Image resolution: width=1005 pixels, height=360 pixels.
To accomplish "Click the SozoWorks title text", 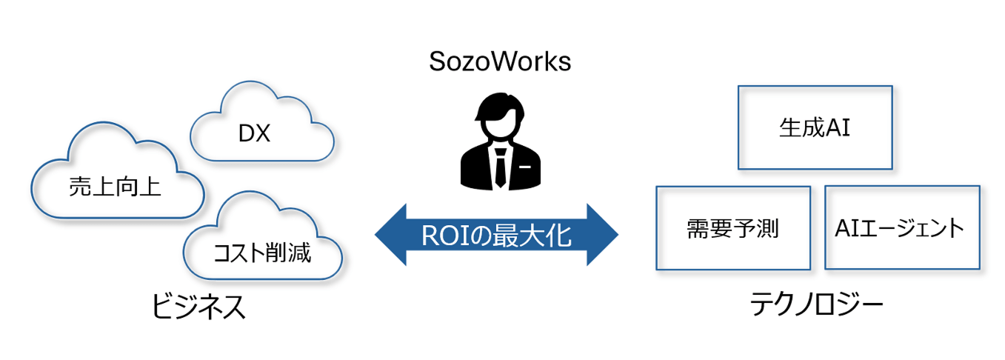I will (500, 61).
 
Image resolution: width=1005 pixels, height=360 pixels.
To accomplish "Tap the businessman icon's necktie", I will (501, 167).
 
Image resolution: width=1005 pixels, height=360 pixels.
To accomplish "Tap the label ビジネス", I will (198, 307).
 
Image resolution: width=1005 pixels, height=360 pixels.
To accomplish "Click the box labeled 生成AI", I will (815, 127).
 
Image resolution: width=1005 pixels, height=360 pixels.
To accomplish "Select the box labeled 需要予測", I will (733, 227).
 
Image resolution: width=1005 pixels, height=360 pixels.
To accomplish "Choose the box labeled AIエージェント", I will (901, 227).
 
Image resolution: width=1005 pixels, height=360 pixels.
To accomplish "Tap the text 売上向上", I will (115, 187).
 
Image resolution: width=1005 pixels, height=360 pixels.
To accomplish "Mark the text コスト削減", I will (262, 254).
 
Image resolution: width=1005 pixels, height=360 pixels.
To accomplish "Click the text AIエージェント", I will (901, 227).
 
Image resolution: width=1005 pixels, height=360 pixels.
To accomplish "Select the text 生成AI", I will (815, 128).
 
